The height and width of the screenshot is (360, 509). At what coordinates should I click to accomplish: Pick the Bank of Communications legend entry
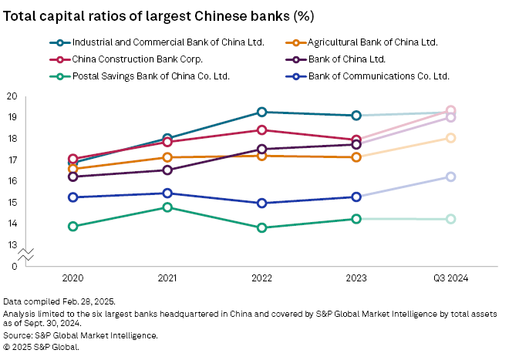[x=378, y=76]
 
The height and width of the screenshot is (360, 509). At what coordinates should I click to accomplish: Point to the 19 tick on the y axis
[x=12, y=117]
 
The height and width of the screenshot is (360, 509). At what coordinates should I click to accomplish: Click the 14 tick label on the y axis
[x=12, y=224]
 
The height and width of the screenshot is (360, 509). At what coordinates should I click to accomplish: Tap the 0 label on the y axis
[x=14, y=266]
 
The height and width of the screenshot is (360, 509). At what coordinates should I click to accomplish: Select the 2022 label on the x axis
[x=261, y=277]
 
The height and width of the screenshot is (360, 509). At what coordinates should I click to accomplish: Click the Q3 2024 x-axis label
[x=450, y=277]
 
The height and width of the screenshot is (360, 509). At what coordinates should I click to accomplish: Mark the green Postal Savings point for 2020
[x=73, y=227]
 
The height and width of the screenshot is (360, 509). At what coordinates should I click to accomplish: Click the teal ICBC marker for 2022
[x=262, y=113]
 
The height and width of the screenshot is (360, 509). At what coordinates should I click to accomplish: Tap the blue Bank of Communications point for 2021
[x=167, y=193]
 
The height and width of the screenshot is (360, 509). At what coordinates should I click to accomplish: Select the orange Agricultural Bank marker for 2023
[x=356, y=157]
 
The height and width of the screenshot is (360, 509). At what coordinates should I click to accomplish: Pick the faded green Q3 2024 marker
[x=451, y=219]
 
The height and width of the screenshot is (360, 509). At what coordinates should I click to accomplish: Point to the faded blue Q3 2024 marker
[x=451, y=177]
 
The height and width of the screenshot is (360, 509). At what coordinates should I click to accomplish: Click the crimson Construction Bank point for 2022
[x=262, y=130]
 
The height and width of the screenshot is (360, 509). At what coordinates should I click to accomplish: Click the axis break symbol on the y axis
[x=26, y=253]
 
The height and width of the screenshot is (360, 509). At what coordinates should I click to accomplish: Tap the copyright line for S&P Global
[x=41, y=346]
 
